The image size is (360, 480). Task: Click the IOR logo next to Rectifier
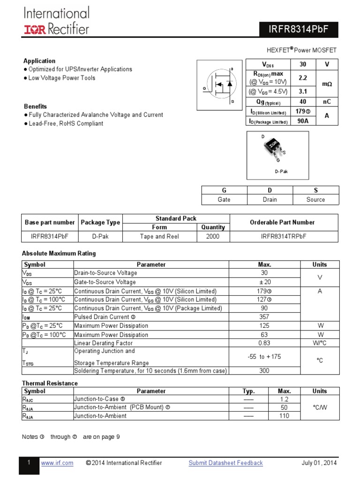pos(35,30)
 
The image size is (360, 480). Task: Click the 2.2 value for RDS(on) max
pos(302,77)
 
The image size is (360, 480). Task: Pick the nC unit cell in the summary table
pos(327,102)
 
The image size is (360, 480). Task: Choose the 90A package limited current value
pos(302,121)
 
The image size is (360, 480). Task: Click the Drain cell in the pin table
pos(270,199)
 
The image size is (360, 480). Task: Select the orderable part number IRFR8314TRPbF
pos(284,237)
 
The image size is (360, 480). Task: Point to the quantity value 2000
pos(213,237)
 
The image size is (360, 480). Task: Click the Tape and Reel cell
pos(159,237)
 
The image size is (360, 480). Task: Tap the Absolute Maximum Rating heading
pos(59,254)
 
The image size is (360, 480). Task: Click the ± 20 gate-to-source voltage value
pos(264,282)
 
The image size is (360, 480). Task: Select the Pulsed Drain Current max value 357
pos(264,317)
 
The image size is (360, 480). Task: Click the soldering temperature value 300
pos(264,371)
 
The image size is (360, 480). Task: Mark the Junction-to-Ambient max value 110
pos(284,416)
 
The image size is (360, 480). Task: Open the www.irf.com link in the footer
pos(57,463)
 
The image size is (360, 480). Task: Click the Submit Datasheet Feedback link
pos(225,463)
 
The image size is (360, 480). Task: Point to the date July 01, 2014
pos(319,463)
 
